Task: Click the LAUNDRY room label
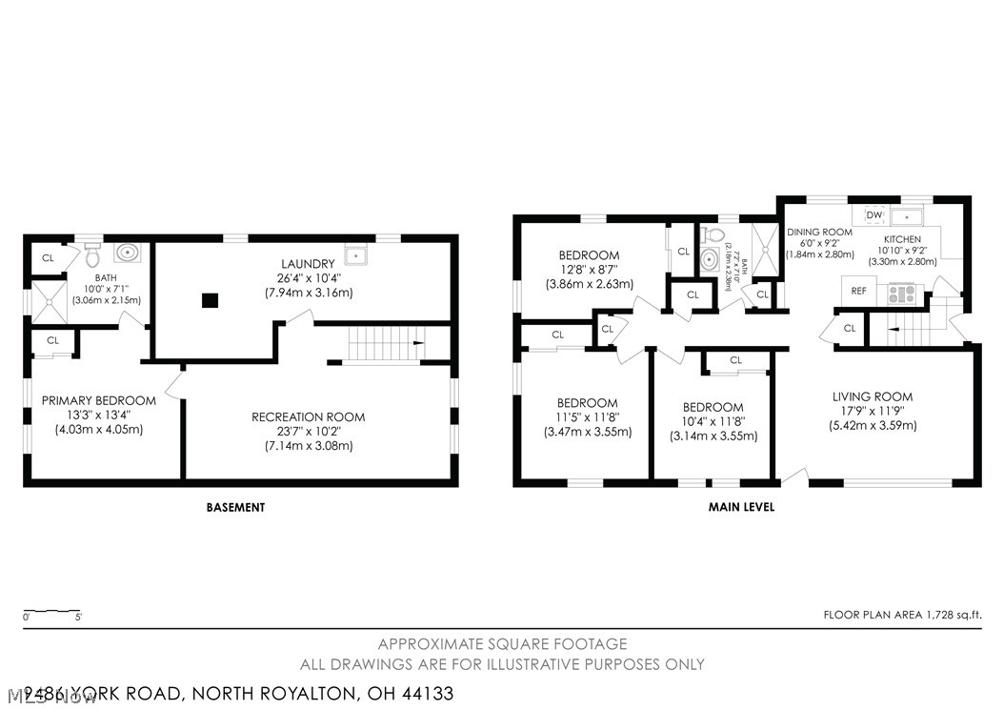(x=308, y=264)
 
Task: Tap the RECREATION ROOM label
(x=308, y=417)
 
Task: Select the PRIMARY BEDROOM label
(x=98, y=400)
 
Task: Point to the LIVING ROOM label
(x=872, y=396)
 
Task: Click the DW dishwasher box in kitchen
(x=873, y=215)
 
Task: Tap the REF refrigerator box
(x=858, y=291)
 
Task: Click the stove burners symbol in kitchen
(x=901, y=293)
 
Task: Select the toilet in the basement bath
(x=92, y=255)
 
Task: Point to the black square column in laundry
(x=210, y=300)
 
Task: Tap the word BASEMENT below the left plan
(x=235, y=508)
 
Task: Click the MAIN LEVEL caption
(x=741, y=508)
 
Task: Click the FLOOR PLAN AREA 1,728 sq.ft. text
(x=902, y=616)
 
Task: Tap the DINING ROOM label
(x=819, y=232)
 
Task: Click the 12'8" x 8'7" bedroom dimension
(x=588, y=270)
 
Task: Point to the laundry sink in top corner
(x=354, y=255)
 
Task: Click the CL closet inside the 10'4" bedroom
(x=735, y=360)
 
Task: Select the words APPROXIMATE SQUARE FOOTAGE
(x=502, y=644)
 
